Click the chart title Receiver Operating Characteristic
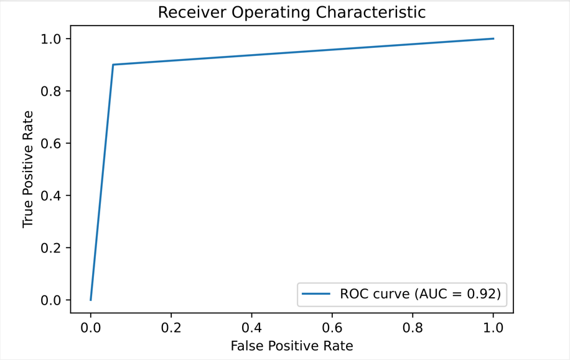click(x=291, y=12)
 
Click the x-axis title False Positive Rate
click(x=291, y=346)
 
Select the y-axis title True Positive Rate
click(x=28, y=169)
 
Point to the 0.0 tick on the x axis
click(x=91, y=326)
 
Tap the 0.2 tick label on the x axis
click(x=171, y=326)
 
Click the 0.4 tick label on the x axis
click(x=252, y=326)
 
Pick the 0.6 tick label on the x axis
click(x=332, y=326)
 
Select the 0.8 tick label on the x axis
click(x=413, y=326)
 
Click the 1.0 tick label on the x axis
click(x=493, y=326)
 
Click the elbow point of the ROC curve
click(x=113, y=65)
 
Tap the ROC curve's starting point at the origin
click(x=91, y=300)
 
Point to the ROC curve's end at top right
click(x=493, y=39)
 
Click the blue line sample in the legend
click(x=316, y=294)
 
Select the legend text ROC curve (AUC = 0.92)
click(x=420, y=294)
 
